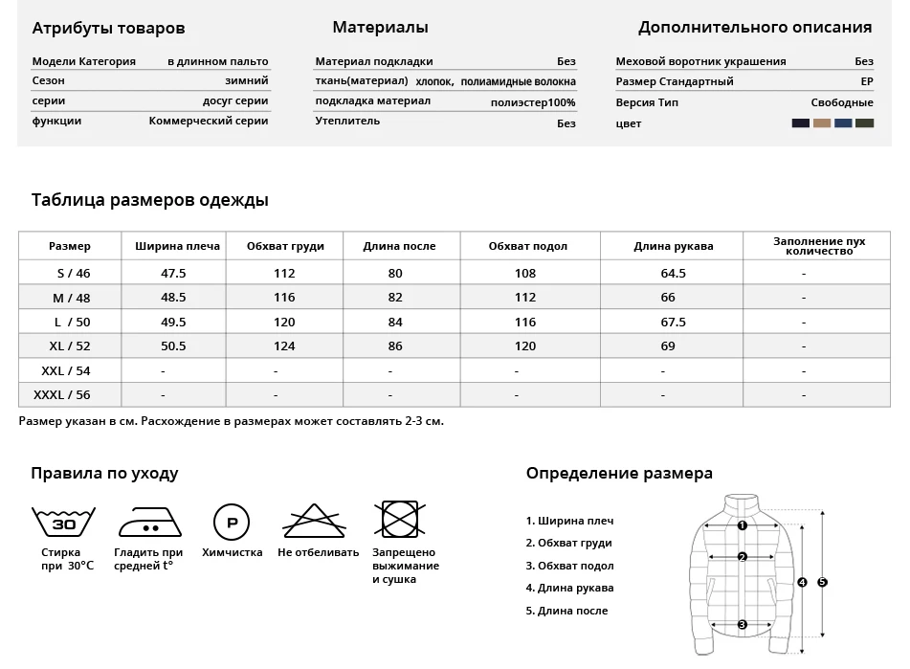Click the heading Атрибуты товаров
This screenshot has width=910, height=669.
coord(108,29)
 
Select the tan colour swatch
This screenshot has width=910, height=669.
coord(822,123)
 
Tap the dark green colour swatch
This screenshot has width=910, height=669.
coord(864,123)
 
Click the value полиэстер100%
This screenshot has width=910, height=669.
coord(533,102)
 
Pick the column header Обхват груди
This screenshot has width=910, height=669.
coord(285,246)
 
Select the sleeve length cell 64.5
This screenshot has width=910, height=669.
coord(674,273)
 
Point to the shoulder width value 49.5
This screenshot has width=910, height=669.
coord(173,322)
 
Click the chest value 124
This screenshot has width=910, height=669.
coord(284,346)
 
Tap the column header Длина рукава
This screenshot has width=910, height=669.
coord(674,246)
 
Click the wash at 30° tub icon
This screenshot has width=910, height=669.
coord(63,522)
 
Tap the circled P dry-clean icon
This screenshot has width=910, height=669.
coord(231,522)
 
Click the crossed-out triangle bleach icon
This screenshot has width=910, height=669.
coord(315,521)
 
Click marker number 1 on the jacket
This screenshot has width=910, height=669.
coord(742,524)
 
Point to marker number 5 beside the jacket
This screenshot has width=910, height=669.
coord(822,581)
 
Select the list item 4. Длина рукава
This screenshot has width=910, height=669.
coord(569,589)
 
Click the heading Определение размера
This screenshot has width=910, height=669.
coord(619,474)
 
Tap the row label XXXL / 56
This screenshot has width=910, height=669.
coord(62,395)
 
